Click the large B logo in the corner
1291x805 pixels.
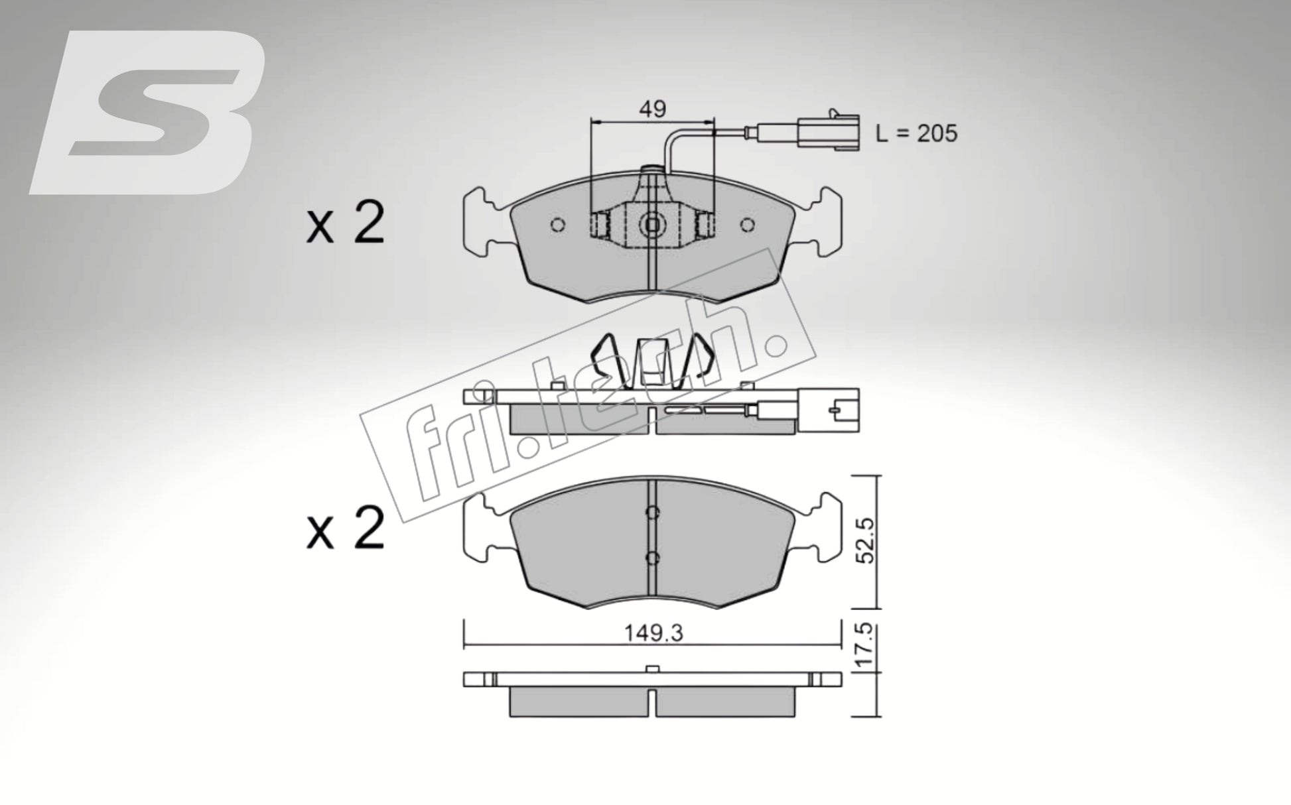click(149, 113)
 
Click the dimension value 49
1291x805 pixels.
click(653, 109)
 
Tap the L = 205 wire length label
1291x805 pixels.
click(916, 133)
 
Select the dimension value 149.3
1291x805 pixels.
click(653, 633)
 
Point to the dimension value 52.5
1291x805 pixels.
click(866, 540)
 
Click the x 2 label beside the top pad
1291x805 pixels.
click(345, 224)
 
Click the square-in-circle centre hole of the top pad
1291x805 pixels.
click(652, 225)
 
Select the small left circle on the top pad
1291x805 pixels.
click(558, 225)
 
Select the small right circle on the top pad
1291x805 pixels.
click(748, 225)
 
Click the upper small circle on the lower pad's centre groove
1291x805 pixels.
click(652, 512)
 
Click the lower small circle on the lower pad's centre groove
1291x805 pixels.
click(652, 558)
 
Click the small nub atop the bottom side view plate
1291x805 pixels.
click(652, 668)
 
